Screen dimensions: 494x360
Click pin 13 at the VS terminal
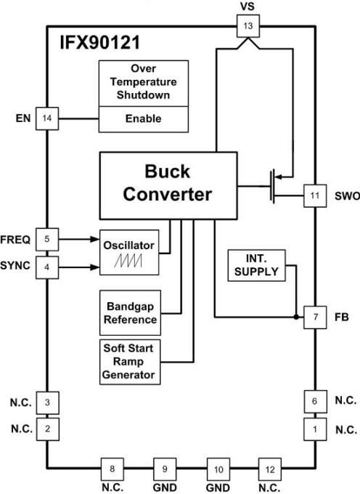247,28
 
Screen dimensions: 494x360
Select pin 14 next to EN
47,118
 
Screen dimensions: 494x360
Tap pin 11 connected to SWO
314,195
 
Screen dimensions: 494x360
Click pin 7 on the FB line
314,317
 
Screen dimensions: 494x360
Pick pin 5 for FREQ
47,238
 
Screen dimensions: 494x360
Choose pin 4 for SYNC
47,267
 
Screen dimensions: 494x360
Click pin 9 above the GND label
164,468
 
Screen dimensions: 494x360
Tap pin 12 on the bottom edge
269,468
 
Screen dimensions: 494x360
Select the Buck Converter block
167,184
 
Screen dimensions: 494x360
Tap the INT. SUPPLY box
256,267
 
